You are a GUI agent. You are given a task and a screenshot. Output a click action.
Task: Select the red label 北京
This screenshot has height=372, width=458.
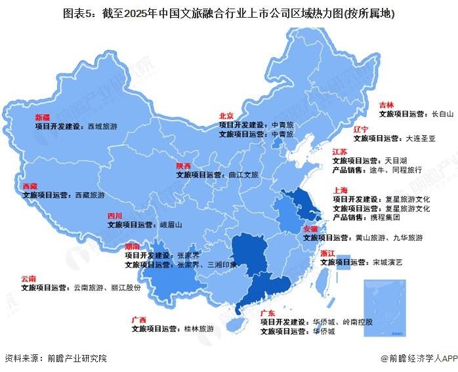click(x=227, y=115)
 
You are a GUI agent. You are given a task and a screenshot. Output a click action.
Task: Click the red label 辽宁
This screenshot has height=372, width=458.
click(x=361, y=129)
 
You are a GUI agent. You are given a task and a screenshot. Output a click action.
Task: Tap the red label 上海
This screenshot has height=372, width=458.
click(x=340, y=191)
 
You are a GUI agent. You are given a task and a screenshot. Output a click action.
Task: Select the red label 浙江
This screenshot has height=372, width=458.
click(x=327, y=253)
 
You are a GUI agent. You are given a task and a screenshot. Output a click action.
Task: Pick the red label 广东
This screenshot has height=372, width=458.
click(x=267, y=314)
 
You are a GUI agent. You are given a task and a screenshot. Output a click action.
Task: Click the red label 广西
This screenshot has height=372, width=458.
click(x=138, y=320)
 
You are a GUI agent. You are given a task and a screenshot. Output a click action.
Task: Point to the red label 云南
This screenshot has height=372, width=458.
click(x=28, y=278)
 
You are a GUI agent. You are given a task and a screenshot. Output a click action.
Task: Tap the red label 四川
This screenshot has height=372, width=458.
click(x=115, y=215)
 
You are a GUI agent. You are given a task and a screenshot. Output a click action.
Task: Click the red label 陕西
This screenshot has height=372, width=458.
click(x=183, y=166)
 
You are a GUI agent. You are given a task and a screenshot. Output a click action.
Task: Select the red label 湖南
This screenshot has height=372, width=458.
click(x=132, y=247)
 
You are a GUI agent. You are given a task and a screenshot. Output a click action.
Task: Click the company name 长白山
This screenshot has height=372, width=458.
click(x=442, y=114)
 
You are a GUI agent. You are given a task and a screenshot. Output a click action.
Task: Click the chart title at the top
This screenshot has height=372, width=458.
click(x=229, y=13)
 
